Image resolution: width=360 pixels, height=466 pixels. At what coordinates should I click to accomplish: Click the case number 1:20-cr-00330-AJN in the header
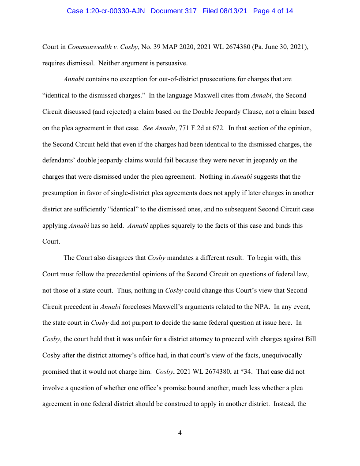tap(106, 11)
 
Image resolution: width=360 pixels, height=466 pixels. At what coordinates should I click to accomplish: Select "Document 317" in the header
tap(174, 11)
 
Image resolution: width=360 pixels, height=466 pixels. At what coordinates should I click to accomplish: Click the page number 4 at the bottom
tap(180, 433)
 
